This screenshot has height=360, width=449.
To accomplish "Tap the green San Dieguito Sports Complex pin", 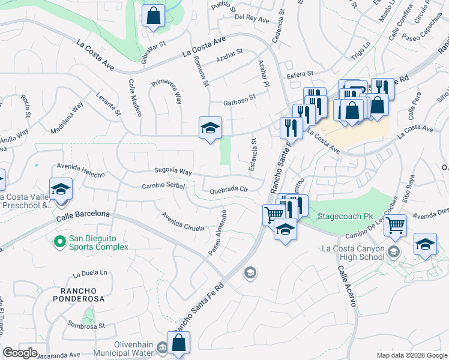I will pos(59,242).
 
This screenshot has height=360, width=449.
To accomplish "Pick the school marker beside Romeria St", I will pos(210,128).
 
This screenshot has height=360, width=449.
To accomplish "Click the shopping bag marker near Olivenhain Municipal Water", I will pos(178,343).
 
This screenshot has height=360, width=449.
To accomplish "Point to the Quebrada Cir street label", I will pos(229,190).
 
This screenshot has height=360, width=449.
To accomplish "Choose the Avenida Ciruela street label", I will pos(183,221).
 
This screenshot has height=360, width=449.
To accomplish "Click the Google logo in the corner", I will pos(20,353).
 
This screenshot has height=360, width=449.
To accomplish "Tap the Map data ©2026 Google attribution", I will pos(412,355).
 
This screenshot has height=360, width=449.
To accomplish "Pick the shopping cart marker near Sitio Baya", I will pos(395,226).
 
